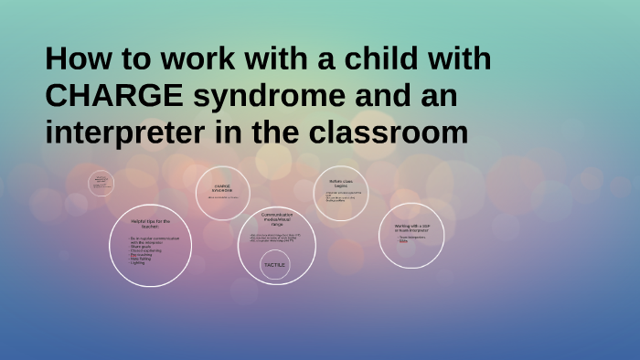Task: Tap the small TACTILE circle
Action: pyautogui.click(x=274, y=265)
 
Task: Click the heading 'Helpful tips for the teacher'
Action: pyautogui.click(x=151, y=224)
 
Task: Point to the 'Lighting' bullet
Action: pyautogui.click(x=140, y=263)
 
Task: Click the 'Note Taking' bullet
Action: pyautogui.click(x=143, y=259)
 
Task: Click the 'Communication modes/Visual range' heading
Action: pyautogui.click(x=275, y=218)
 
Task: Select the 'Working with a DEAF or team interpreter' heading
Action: pyautogui.click(x=411, y=228)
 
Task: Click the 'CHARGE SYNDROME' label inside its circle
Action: pyautogui.click(x=223, y=186)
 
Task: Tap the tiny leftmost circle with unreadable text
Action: pyautogui.click(x=101, y=183)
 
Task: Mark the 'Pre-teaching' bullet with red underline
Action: pyautogui.click(x=143, y=255)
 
